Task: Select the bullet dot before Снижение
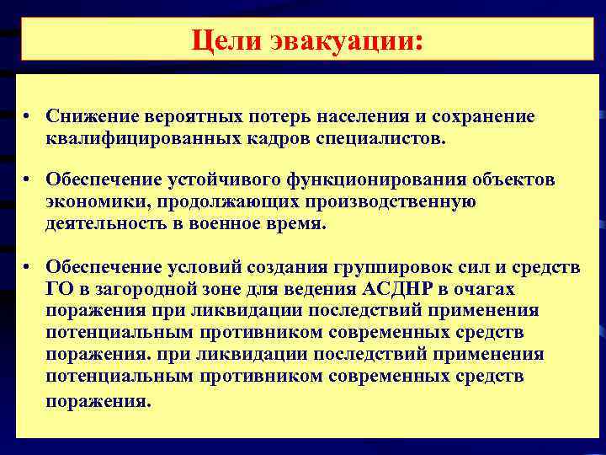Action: click(x=28, y=116)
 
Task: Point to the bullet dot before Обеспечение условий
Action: click(x=28, y=268)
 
